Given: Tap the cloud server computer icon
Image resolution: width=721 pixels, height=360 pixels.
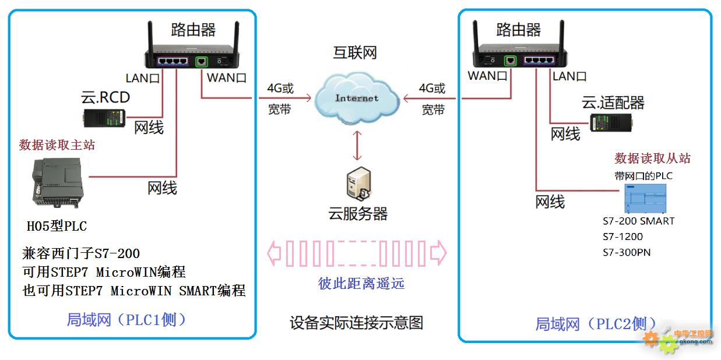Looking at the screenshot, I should (x=357, y=185).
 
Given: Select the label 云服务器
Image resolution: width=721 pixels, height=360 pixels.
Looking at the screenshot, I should (x=358, y=214).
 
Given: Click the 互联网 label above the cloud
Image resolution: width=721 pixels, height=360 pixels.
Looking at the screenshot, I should (x=355, y=53).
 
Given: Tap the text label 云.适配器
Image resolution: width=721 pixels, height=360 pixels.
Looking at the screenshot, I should (x=613, y=103).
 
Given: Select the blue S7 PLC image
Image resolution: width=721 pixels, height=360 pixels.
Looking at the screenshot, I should (x=647, y=199).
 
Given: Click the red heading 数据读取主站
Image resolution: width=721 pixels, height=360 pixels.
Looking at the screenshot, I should (x=57, y=145).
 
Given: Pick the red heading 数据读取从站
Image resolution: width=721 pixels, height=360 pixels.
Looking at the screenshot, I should (x=652, y=158).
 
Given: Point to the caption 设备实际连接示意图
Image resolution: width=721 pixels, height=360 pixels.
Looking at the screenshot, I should (x=356, y=322).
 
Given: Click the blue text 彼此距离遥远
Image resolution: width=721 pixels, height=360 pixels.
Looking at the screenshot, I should (x=361, y=284).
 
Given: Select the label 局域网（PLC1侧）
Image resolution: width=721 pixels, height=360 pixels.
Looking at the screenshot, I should (x=126, y=319).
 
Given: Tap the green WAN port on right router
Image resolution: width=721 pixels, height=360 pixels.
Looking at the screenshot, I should (x=511, y=60).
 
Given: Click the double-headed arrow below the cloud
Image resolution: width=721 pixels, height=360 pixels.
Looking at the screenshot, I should (x=357, y=146).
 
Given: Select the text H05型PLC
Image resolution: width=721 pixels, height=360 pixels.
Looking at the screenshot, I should (x=57, y=226).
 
